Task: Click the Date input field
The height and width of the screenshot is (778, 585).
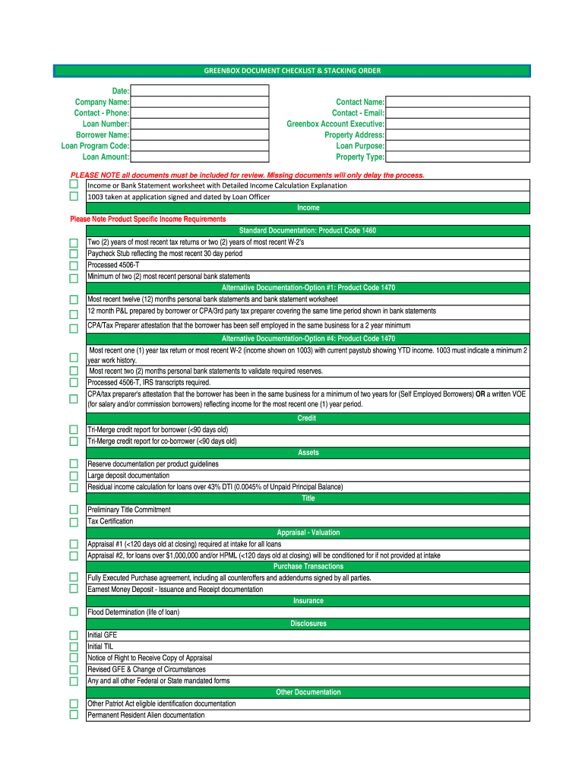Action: pos(199,90)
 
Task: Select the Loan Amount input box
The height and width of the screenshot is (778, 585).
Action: pos(199,157)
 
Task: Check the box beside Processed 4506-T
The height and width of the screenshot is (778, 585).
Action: pos(74,265)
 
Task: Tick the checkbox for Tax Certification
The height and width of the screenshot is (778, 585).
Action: pos(74,522)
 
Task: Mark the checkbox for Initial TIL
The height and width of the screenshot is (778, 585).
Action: pos(74,647)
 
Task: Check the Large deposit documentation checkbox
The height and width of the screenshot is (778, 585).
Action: pos(74,476)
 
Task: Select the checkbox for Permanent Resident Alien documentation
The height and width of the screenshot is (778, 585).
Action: pos(74,715)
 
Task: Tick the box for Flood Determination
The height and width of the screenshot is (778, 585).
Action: pos(74,612)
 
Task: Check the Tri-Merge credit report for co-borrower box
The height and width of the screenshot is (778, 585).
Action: pos(74,441)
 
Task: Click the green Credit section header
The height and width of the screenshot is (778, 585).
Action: pos(307,419)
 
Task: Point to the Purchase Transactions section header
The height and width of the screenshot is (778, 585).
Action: pos(307,567)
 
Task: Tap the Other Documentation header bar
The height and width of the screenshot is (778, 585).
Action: pos(307,692)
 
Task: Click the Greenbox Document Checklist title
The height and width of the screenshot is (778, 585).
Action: pos(292,71)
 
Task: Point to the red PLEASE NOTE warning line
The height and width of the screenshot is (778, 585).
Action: pos(247,176)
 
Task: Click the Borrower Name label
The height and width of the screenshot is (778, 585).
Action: pos(103,134)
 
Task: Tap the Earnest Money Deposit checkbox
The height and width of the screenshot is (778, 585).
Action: pos(74,589)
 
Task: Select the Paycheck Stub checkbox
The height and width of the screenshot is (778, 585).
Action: pos(74,254)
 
